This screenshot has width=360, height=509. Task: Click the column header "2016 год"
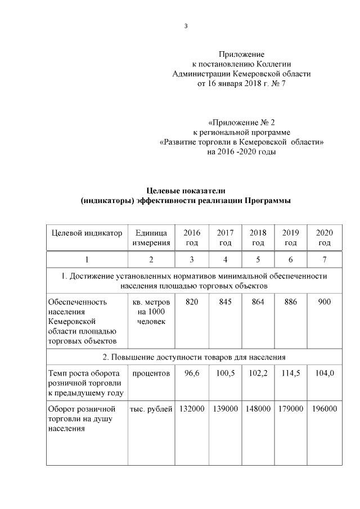click(x=192, y=237)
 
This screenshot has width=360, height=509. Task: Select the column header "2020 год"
click(x=324, y=237)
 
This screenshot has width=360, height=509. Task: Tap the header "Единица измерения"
click(x=151, y=237)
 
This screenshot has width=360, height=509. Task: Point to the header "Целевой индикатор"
click(x=87, y=233)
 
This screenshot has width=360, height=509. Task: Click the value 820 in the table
click(x=192, y=302)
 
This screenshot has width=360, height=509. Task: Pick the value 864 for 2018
click(x=258, y=302)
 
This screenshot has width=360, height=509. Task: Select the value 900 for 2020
click(x=324, y=302)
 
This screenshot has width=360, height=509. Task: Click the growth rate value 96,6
click(x=192, y=373)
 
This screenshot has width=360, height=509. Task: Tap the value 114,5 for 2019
click(x=291, y=373)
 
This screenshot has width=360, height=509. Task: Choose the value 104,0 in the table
click(x=324, y=373)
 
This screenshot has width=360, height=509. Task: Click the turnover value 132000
click(x=192, y=408)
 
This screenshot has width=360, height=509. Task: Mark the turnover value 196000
click(x=325, y=408)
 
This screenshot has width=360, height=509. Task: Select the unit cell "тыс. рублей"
click(x=151, y=408)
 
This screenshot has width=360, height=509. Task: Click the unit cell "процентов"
click(x=151, y=373)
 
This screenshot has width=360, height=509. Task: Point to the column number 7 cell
click(x=324, y=259)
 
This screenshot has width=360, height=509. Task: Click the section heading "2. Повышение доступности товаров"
click(x=194, y=357)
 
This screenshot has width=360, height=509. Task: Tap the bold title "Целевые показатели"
click(x=186, y=192)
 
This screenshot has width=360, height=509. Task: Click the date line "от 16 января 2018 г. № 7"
click(x=241, y=84)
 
